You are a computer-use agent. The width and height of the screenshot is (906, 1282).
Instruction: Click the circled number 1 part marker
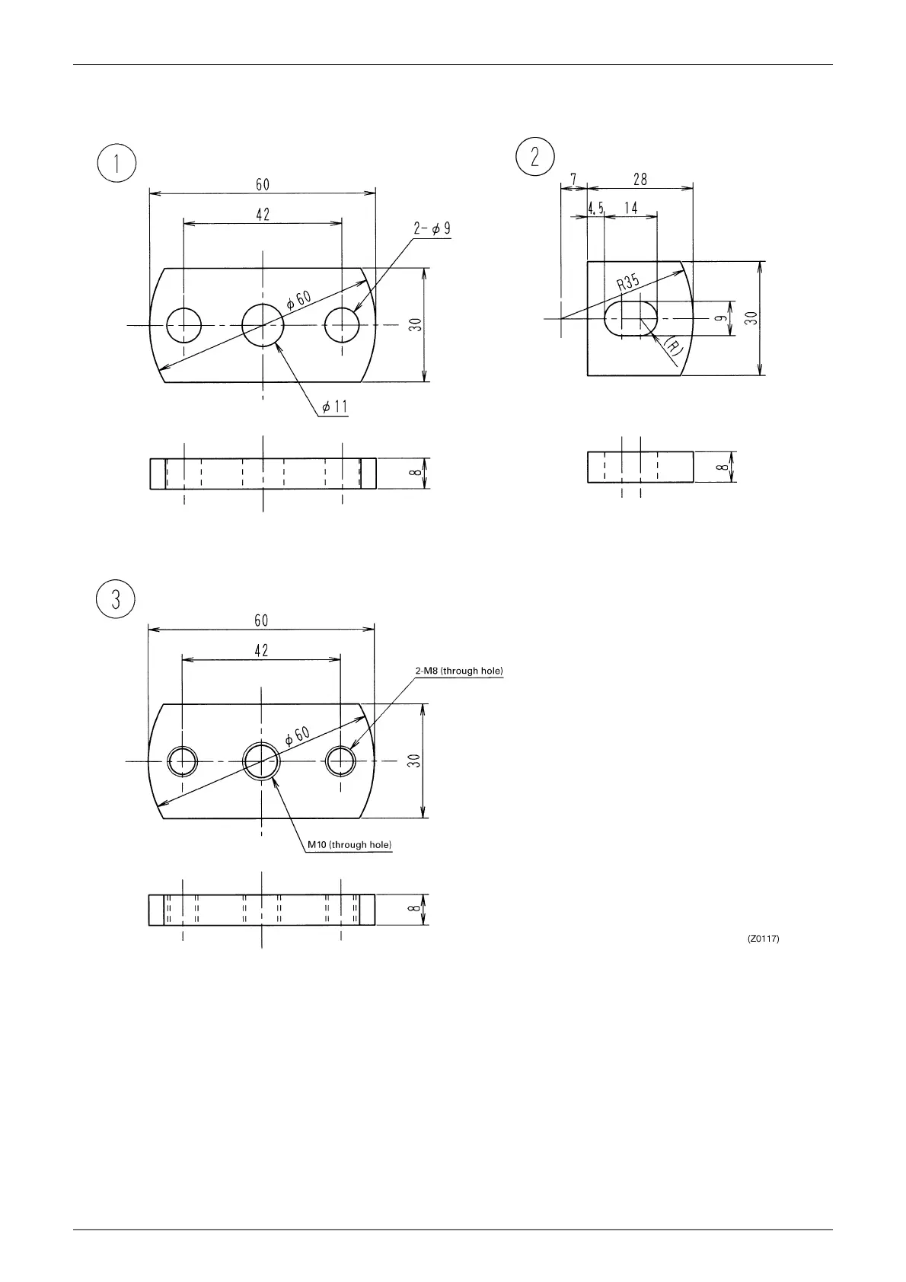(x=116, y=164)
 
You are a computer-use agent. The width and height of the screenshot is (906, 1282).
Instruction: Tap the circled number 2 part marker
(x=534, y=157)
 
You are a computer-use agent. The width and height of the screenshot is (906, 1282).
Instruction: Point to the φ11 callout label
(x=334, y=407)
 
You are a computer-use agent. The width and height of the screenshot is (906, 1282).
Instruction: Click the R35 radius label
(x=628, y=283)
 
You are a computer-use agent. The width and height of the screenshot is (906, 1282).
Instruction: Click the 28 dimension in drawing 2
(x=640, y=180)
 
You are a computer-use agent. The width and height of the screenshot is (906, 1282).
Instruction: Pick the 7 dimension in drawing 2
(x=573, y=180)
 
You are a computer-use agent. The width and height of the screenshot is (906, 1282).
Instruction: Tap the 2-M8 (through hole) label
(x=459, y=671)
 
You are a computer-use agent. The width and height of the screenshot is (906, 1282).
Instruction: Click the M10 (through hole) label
(x=349, y=845)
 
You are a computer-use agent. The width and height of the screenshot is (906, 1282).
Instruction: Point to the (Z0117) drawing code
(x=763, y=939)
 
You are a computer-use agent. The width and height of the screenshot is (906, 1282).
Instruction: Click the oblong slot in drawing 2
(x=632, y=317)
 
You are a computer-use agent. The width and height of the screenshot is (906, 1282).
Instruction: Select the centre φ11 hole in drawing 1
(x=263, y=326)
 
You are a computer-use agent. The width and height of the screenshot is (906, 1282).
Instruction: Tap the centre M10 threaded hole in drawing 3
(x=262, y=761)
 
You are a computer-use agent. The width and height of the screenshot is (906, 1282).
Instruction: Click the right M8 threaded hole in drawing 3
(x=340, y=761)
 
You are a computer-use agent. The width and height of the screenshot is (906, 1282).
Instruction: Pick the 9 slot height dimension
(x=719, y=318)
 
